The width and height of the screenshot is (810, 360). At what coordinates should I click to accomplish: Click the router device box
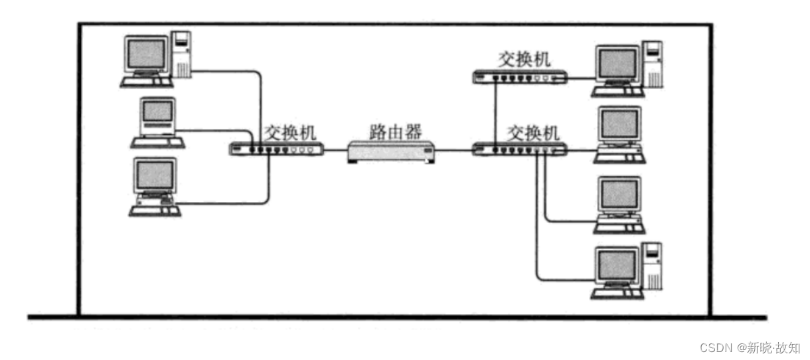tap(391, 152)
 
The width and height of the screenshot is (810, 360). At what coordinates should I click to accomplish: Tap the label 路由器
tap(396, 131)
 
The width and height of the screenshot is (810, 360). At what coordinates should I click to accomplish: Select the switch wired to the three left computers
tap(276, 149)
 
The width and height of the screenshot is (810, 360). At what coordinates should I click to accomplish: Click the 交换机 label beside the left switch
tap(287, 132)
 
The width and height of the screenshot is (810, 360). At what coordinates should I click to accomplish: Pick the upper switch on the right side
tap(519, 77)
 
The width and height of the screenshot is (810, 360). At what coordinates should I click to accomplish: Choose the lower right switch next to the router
tap(519, 150)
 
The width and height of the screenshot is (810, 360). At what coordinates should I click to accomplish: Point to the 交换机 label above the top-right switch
tap(525, 59)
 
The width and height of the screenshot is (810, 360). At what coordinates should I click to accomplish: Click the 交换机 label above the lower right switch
tap(533, 132)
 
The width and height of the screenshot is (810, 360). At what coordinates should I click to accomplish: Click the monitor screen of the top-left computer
tap(146, 53)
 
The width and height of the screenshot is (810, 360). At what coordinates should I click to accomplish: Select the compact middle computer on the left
tap(157, 122)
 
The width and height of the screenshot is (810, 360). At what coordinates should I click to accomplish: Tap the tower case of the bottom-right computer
tap(654, 266)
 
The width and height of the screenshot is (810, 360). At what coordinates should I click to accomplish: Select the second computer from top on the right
tap(620, 133)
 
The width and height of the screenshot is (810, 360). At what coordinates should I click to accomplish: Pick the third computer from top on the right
tap(620, 203)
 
